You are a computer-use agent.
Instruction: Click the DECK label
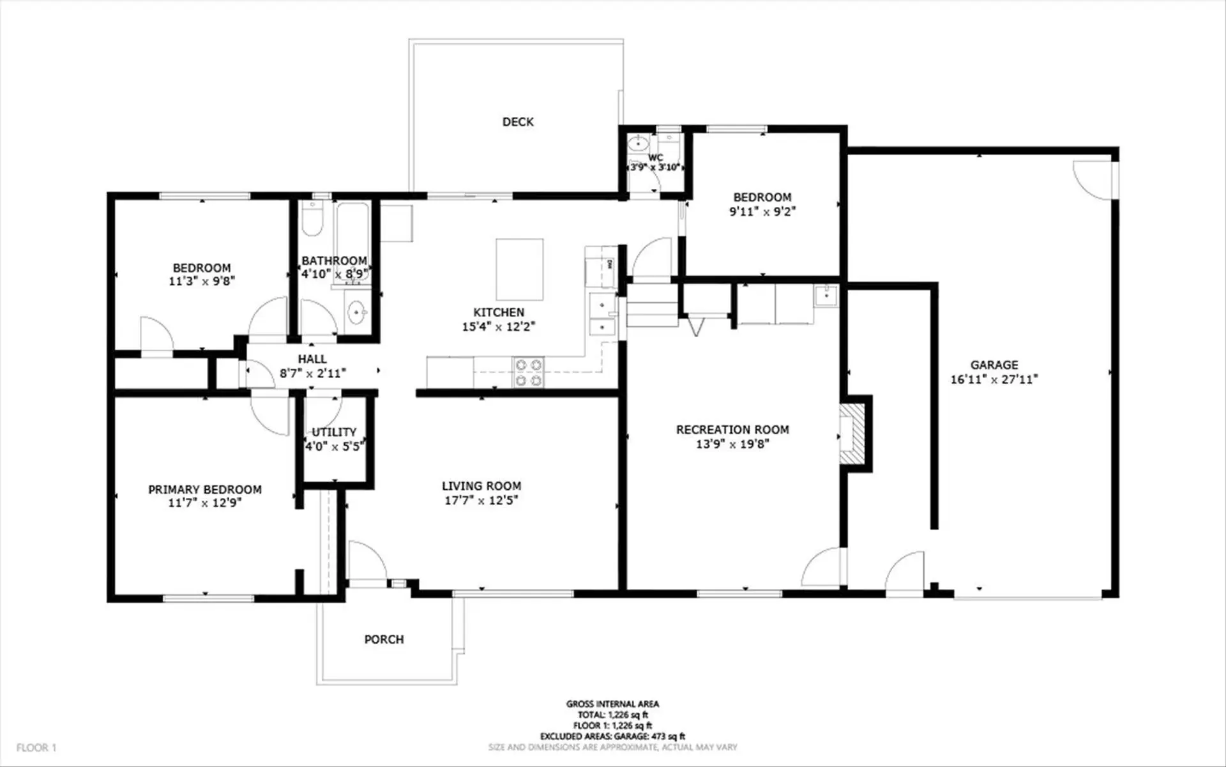click(518, 122)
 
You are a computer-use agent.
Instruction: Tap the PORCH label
click(384, 639)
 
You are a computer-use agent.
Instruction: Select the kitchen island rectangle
click(520, 270)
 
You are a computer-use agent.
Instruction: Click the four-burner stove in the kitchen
click(529, 372)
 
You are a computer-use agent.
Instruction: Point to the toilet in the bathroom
click(312, 220)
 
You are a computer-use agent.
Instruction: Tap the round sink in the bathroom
click(356, 312)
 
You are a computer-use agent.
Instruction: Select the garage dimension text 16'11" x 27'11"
click(994, 379)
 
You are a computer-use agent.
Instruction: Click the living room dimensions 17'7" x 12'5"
click(481, 500)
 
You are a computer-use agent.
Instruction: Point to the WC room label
click(656, 158)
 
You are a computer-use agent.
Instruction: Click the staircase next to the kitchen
click(651, 306)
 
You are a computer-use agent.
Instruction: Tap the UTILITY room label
click(334, 432)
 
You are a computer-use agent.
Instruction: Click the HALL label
click(312, 360)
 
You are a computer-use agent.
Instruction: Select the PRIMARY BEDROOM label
click(205, 490)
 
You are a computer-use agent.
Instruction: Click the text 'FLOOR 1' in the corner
click(36, 747)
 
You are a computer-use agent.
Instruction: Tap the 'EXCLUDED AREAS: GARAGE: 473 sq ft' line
click(612, 736)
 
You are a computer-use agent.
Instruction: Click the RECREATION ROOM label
click(732, 430)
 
